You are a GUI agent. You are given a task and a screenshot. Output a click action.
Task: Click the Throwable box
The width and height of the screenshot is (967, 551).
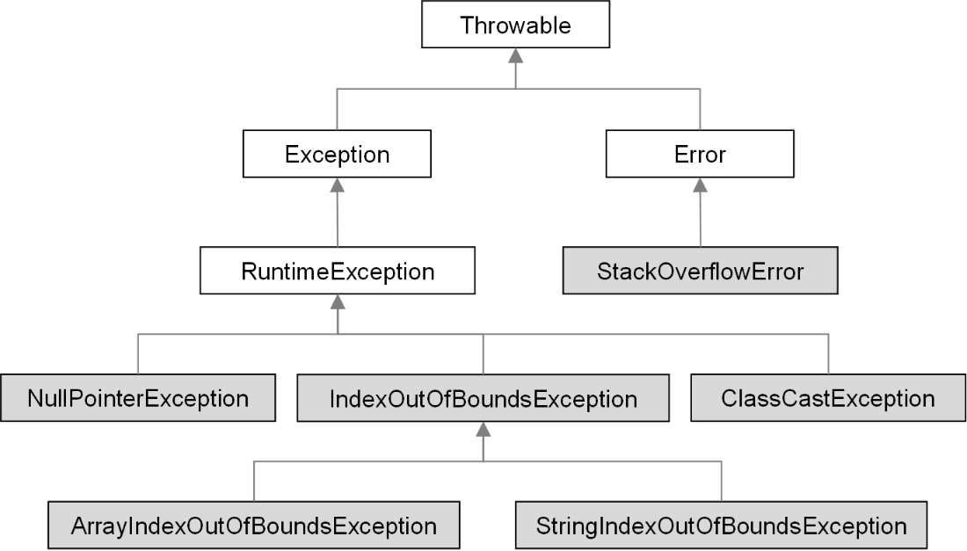click(515, 25)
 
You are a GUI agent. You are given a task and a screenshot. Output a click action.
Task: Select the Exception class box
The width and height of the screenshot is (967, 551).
click(337, 154)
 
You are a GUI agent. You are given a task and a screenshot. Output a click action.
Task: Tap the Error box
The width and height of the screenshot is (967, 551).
click(700, 154)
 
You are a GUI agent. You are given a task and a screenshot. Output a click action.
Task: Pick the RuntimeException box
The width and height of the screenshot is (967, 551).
click(338, 271)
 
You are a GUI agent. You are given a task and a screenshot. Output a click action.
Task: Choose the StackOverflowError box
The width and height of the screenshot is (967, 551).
click(700, 271)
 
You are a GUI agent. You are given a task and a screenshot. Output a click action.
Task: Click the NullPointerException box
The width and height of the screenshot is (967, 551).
click(138, 398)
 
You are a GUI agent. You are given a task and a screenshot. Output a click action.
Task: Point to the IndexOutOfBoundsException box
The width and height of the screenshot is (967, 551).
click(483, 398)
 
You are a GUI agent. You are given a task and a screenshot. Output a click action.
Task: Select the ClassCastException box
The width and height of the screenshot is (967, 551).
click(828, 398)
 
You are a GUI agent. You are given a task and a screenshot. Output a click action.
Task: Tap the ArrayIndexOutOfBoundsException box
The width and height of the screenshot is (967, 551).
click(253, 526)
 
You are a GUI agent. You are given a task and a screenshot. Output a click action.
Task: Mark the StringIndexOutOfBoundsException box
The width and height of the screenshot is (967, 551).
click(721, 526)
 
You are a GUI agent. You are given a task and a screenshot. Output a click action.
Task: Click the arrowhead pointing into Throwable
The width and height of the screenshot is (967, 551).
click(515, 55)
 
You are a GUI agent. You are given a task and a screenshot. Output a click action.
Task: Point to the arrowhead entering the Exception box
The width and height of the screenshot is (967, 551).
click(337, 185)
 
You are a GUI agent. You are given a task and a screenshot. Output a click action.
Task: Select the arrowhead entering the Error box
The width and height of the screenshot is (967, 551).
click(700, 185)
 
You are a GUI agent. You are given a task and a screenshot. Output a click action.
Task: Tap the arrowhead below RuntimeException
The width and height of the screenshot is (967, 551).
click(338, 302)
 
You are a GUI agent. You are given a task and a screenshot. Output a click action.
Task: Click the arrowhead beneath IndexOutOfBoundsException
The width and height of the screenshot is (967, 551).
click(483, 430)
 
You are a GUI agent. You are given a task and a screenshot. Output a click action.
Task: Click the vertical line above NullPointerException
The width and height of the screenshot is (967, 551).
click(138, 354)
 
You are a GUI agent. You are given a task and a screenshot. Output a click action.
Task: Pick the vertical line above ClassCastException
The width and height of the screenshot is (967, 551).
click(828, 354)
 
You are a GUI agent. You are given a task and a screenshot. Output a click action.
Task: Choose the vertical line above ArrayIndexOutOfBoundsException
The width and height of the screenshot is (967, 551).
click(253, 481)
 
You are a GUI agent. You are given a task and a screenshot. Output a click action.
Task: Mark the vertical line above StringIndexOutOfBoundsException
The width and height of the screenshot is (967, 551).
click(721, 481)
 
